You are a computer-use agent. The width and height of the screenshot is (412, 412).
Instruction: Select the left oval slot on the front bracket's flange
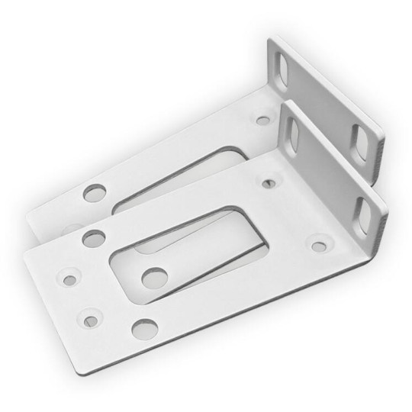(291, 133)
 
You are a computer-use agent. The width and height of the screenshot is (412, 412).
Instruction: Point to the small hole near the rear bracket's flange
(263, 120)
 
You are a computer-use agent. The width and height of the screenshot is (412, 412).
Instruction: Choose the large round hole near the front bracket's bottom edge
(142, 327)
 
